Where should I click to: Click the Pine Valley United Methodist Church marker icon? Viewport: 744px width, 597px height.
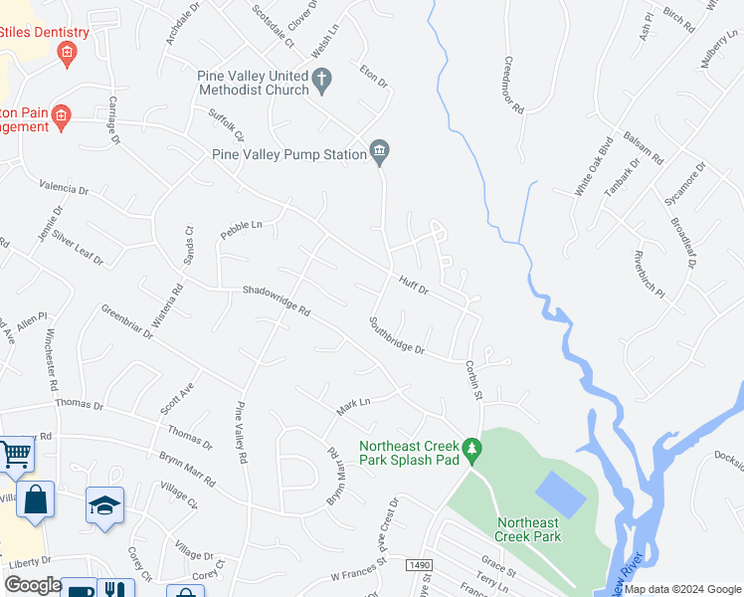point(321,79)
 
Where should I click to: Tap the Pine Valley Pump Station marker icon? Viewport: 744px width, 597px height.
point(379,151)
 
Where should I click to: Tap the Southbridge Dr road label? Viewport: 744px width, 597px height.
point(396,336)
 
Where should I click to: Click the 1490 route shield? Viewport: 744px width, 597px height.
point(419,565)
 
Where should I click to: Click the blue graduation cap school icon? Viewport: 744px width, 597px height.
point(104,504)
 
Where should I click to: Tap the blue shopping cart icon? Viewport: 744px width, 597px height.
point(15,455)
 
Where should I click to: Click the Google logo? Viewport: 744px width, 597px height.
point(33,585)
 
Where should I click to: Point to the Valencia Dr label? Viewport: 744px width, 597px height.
point(65,187)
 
